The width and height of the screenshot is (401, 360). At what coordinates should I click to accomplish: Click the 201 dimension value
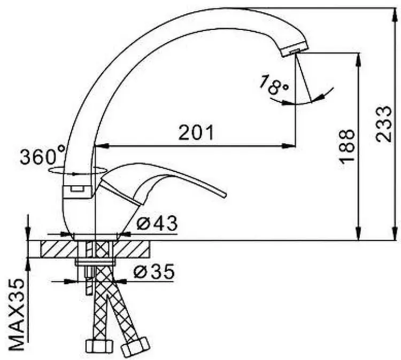[196, 132]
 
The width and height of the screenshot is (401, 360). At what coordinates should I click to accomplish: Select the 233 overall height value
[383, 124]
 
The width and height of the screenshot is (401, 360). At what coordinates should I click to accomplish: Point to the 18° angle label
[274, 84]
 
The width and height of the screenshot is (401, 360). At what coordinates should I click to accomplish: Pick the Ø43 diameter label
[157, 223]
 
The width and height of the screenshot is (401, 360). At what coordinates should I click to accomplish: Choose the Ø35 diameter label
[154, 271]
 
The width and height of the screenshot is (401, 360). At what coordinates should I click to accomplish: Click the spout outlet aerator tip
[295, 49]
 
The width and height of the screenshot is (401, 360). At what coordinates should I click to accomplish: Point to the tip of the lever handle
[225, 195]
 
